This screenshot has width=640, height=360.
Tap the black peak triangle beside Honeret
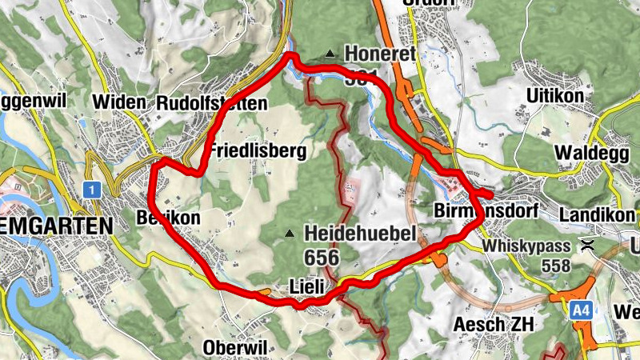point(329,54)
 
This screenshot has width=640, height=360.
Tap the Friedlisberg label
point(257,151)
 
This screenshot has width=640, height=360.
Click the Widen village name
point(119,103)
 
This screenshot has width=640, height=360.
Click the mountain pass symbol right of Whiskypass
point(589,245)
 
